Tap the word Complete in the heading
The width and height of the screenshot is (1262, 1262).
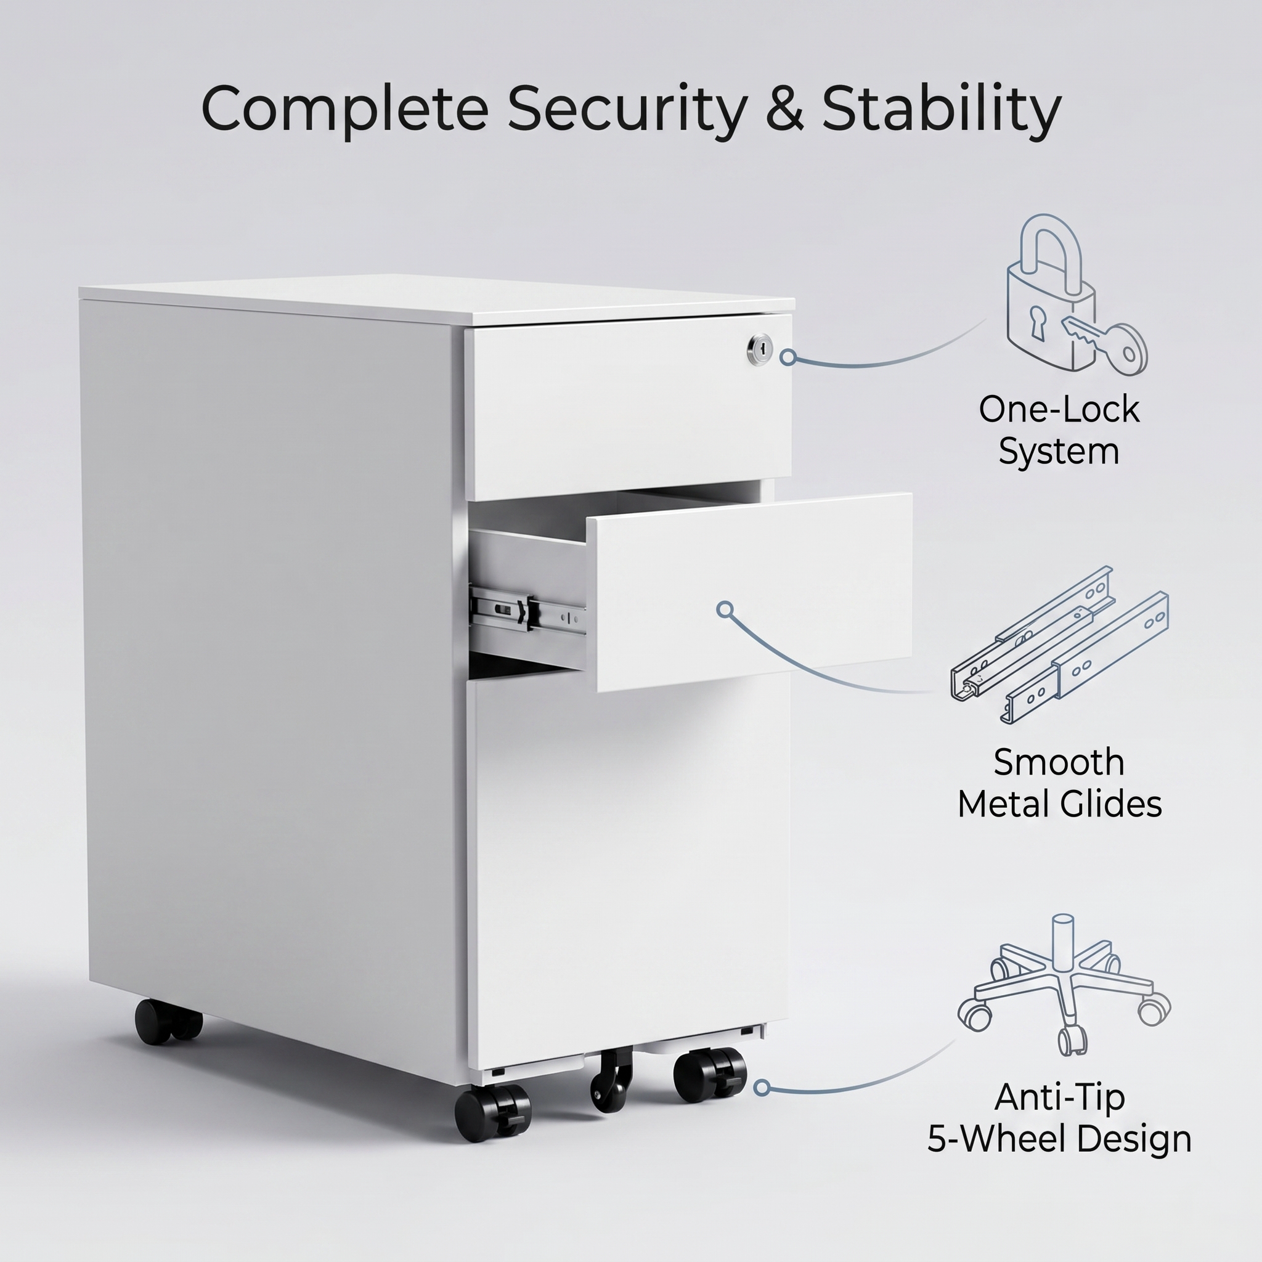[x=344, y=108]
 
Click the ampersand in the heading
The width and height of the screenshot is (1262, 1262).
[x=784, y=108]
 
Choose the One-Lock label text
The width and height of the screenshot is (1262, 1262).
[x=1059, y=410]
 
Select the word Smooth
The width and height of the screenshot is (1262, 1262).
[x=1059, y=762]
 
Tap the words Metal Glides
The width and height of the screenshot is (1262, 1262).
[x=1059, y=804]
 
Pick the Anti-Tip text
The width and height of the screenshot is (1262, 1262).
[x=1059, y=1097]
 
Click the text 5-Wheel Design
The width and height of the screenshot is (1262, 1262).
[x=1059, y=1139]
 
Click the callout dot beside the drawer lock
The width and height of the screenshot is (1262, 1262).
[x=788, y=357]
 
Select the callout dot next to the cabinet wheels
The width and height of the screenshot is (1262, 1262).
[x=762, y=1088]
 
